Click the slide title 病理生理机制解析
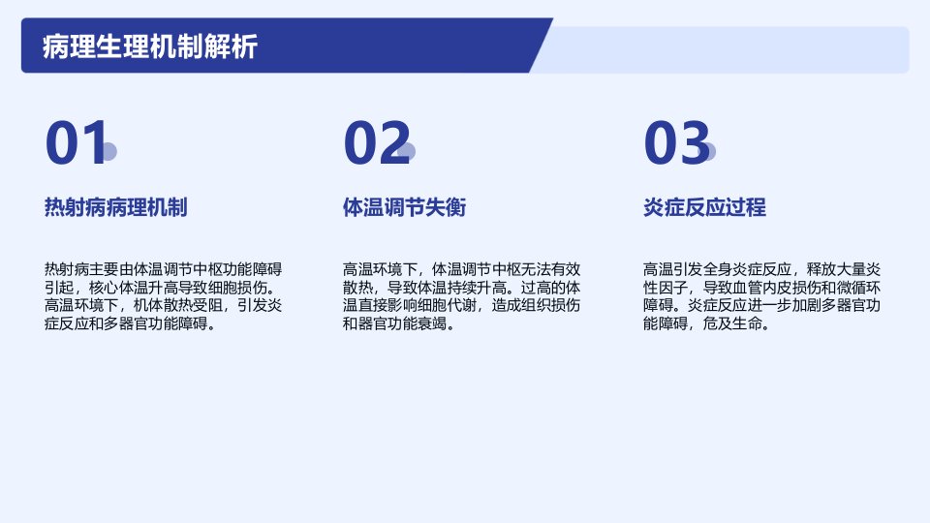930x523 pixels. [x=150, y=46]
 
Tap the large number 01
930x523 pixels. [x=76, y=142]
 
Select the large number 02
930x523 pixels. [x=377, y=142]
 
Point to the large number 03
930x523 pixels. [x=677, y=142]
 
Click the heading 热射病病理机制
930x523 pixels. [x=115, y=207]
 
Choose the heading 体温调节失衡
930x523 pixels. [x=405, y=207]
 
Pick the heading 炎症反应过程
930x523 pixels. [x=704, y=207]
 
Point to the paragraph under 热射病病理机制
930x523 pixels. [x=163, y=296]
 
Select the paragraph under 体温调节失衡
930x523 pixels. [x=461, y=296]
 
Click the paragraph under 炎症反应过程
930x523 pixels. [x=762, y=296]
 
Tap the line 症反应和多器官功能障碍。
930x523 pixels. [x=130, y=323]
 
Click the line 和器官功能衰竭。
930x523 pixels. [x=398, y=323]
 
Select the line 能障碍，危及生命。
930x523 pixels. [x=706, y=323]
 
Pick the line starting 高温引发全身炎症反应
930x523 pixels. [x=762, y=270]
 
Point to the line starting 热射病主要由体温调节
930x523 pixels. [x=163, y=270]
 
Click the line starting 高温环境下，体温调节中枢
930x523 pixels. [x=461, y=270]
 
